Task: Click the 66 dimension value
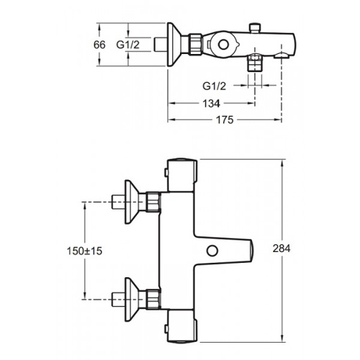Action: click(x=99, y=45)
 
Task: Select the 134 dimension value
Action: click(x=212, y=104)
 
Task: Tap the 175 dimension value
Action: click(x=225, y=120)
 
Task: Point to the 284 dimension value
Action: click(x=282, y=248)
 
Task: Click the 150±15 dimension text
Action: click(x=84, y=251)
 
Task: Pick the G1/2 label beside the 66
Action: click(x=128, y=45)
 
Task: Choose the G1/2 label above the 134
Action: click(x=215, y=86)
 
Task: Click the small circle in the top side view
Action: click(x=223, y=45)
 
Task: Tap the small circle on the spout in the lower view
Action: click(x=212, y=251)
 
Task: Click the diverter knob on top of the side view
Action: click(x=255, y=27)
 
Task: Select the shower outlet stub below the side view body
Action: click(x=255, y=63)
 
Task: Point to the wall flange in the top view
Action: click(x=174, y=45)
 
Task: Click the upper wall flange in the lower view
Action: click(x=132, y=202)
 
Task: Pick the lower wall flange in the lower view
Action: click(x=132, y=300)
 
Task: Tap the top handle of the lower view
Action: click(x=182, y=175)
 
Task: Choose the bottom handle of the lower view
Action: click(x=182, y=327)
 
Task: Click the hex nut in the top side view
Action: click(x=195, y=45)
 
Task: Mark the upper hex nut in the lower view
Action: click(x=153, y=202)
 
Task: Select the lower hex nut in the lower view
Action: click(x=153, y=300)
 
